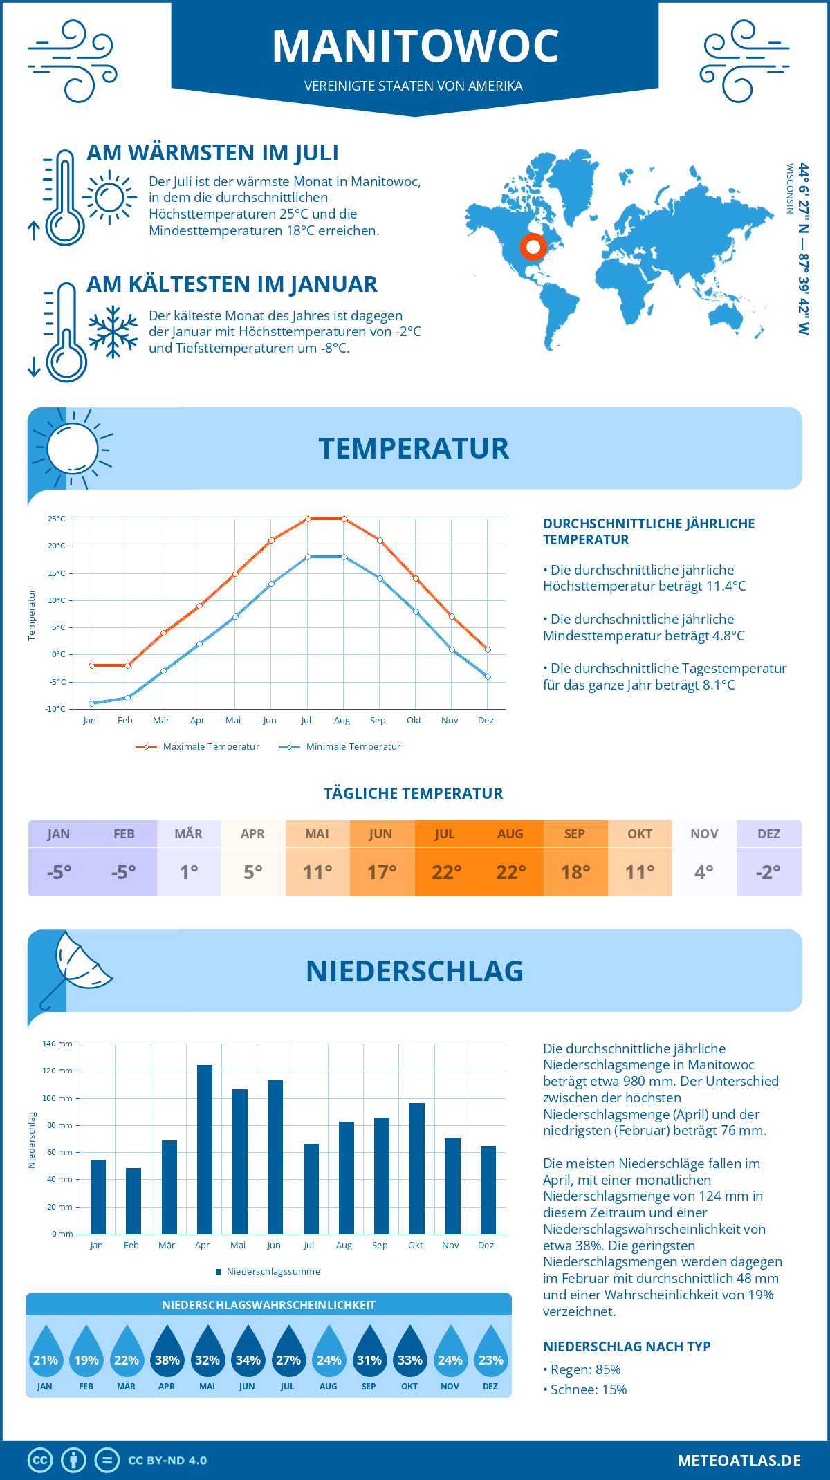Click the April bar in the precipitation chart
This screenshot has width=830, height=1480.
[204, 1149]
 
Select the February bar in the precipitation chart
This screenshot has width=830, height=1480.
[133, 1201]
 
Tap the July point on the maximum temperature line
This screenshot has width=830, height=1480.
[308, 519]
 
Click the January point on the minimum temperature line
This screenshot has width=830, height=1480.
[91, 703]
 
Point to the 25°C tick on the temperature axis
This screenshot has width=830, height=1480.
[57, 519]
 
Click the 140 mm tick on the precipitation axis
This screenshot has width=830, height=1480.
[57, 1044]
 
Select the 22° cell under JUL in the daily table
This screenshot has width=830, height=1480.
[446, 872]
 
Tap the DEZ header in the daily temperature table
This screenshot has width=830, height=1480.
[768, 834]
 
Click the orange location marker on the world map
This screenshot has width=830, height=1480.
[533, 247]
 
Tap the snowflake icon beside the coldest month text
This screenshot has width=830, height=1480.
[113, 332]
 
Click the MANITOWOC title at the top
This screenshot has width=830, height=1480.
[415, 46]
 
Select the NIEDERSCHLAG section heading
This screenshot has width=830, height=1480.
[414, 971]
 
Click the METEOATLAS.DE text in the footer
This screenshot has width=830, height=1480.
[739, 1461]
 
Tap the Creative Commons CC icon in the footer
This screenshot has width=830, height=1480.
[40, 1461]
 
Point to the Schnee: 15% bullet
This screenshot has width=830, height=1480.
[587, 1390]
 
